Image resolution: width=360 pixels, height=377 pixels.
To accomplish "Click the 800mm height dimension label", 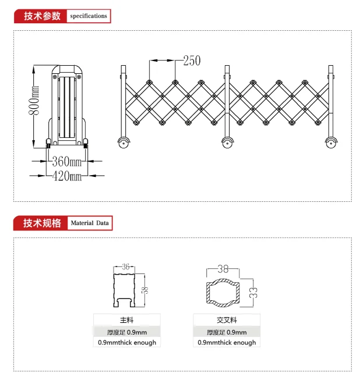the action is point(34,100).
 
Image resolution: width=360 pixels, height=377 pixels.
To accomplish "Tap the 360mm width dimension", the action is point(67,161).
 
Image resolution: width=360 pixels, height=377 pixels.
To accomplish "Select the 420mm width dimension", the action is point(67,176).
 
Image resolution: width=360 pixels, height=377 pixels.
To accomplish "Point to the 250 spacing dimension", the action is point(192,61).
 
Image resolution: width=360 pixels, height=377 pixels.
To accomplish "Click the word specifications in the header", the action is point(89,16).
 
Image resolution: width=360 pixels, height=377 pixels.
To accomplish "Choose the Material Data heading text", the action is point(90,223).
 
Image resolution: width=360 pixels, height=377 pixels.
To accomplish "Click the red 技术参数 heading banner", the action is point(40,16).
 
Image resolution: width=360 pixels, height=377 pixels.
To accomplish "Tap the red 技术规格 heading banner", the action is point(40,223).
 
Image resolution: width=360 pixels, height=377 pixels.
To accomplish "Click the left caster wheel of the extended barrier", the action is point(123,143).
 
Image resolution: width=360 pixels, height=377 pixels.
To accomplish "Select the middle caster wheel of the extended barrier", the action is point(227,143).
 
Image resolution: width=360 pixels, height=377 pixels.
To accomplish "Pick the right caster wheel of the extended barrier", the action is point(331,143).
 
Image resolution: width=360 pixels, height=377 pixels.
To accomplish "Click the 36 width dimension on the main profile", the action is point(125,266).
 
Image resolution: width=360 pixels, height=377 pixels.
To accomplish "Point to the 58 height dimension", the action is point(146,290).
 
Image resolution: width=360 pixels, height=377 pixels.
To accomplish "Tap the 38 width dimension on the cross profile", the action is point(223,269).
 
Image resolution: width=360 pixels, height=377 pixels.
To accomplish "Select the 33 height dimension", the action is point(253,293).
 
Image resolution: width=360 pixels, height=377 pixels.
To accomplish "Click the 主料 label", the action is point(126,320).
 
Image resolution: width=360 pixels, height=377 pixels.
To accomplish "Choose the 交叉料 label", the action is point(227,320).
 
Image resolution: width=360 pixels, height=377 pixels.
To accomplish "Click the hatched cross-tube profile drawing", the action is point(223,293).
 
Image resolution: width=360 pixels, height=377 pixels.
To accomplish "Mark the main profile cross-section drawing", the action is point(124,290).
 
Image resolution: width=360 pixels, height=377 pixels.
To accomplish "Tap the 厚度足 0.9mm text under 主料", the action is point(127,332).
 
